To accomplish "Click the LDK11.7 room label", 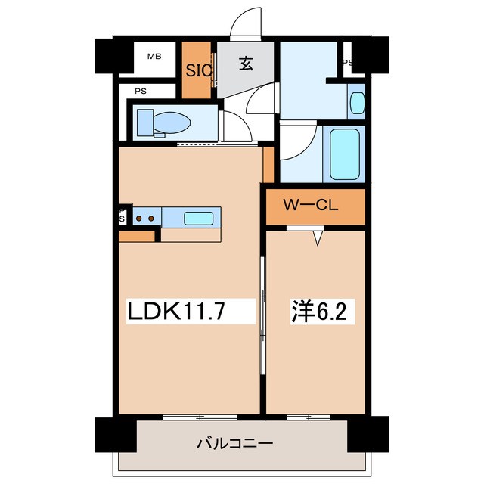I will [x=178, y=311].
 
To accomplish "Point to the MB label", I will [x=154, y=57].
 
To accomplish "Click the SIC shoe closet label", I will [x=199, y=70].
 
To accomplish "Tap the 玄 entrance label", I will [x=246, y=64].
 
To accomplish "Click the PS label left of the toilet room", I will [x=141, y=91].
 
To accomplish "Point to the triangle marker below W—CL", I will [x=318, y=238].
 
